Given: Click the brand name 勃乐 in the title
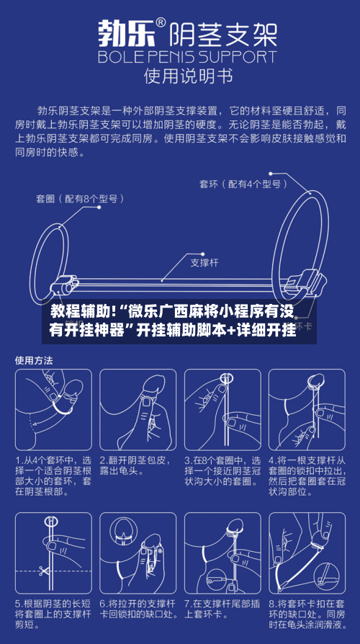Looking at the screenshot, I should tap(128, 32).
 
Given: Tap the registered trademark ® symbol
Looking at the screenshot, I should tap(161, 22).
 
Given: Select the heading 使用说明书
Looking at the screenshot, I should tap(180, 74).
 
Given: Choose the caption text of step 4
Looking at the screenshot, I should tap(305, 478).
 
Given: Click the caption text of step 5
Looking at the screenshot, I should tap(51, 613).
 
